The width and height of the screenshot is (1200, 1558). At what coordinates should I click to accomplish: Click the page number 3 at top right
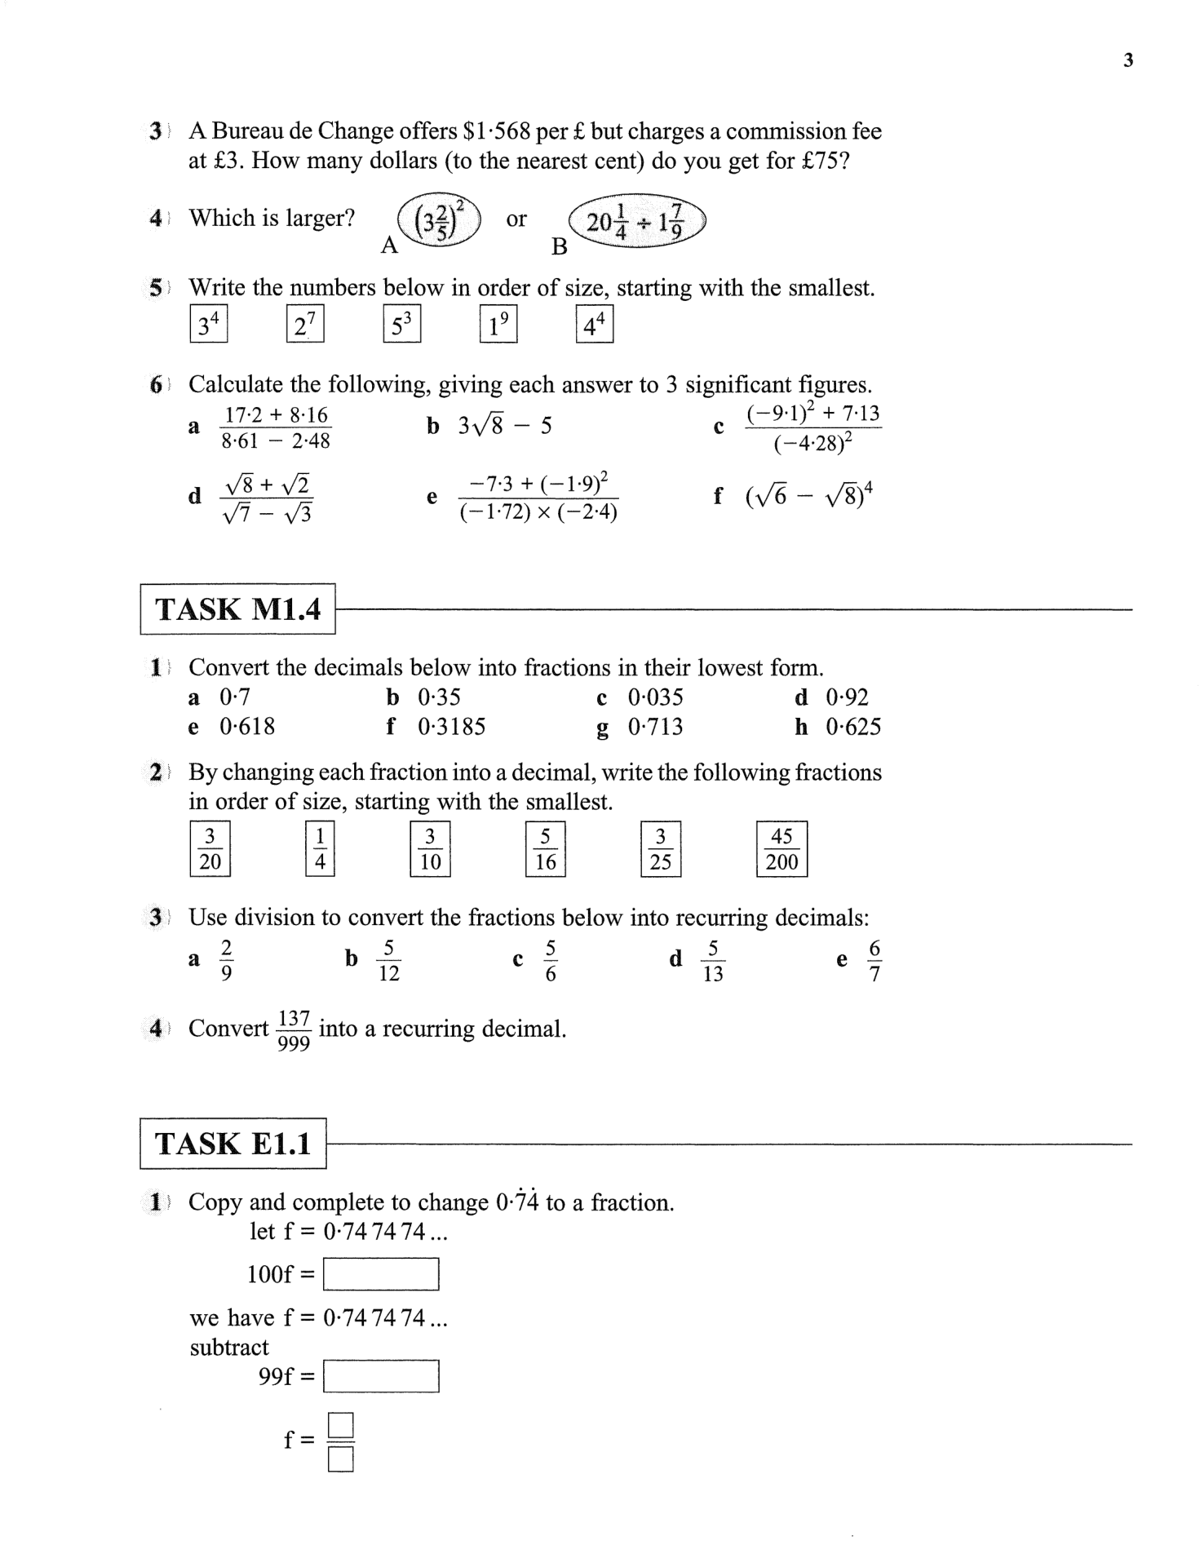pos(1128,60)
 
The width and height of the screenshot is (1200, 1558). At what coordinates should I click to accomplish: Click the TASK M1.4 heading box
pos(237,609)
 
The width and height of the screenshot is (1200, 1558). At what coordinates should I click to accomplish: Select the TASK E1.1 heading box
pos(232,1144)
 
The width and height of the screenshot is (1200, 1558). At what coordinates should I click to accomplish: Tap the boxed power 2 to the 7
pos(305,324)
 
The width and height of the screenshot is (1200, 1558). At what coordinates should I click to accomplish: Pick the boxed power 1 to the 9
pos(498,324)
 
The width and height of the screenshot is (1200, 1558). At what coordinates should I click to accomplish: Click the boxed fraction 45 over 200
pos(782,849)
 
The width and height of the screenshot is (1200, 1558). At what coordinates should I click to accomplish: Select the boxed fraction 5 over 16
pos(545,849)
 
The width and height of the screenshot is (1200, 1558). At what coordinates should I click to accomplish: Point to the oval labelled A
pos(439,221)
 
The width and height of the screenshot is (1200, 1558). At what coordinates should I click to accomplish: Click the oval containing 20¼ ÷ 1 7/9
pos(636,222)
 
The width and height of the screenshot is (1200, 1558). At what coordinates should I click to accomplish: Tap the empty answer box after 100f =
pos(381,1274)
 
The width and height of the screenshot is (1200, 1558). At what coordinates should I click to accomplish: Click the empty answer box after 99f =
pos(381,1377)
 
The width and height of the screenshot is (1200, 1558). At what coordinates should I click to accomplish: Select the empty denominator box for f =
pos(341,1459)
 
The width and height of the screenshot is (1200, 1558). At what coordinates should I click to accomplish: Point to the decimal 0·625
pos(853,727)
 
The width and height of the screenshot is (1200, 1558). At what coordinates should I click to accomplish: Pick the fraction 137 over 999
pos(294,1030)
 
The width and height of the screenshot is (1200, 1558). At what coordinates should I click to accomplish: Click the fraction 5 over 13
pos(713,961)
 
